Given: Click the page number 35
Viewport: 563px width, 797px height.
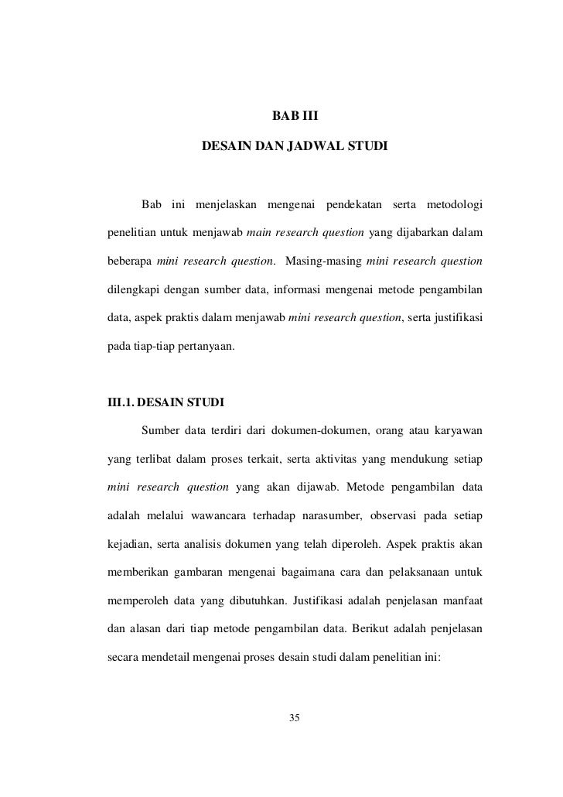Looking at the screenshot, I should click(293, 719).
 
